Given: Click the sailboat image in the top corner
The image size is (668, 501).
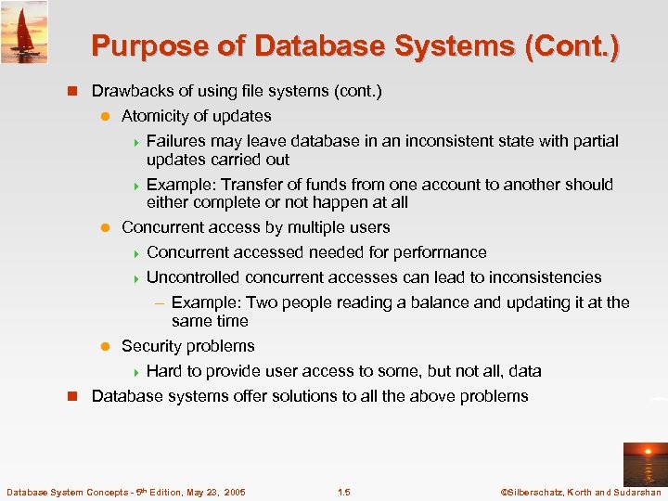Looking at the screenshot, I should [x=24, y=32].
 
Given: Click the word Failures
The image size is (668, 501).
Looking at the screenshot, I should [x=176, y=141].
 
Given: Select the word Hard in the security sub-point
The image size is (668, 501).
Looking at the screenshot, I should [x=164, y=371].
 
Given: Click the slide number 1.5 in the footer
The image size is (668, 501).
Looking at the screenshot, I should [x=343, y=492].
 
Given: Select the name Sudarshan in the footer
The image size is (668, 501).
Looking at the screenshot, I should [x=634, y=492].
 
